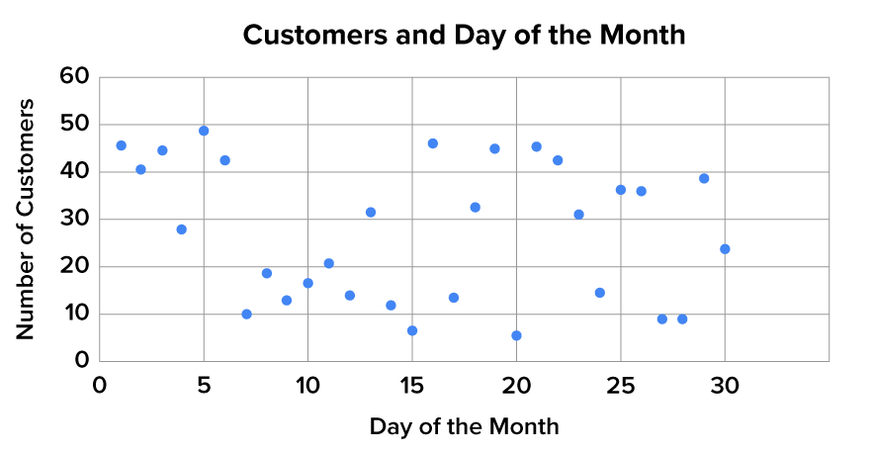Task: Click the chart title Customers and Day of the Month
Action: pos(464,35)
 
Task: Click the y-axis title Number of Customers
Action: pos(26,219)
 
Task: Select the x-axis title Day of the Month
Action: pos(464,426)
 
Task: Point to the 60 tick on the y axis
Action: pos(74,77)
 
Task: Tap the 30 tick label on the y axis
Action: pos(74,220)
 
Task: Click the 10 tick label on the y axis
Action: pos(74,315)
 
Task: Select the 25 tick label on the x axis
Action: pos(621,386)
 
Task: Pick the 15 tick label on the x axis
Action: pos(411,386)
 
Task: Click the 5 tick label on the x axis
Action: pos(204,386)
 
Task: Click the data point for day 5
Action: pos(204,131)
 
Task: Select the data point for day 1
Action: pos(121,145)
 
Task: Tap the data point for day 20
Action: pos(516,335)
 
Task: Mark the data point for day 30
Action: pos(725,249)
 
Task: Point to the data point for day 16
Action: pos(432,143)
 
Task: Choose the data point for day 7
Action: pos(246,315)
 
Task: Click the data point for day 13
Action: pos(371,213)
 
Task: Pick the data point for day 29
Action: pos(704,179)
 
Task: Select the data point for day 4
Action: pos(181,229)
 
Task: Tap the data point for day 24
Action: pos(599,293)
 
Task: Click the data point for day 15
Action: pos(411,330)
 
